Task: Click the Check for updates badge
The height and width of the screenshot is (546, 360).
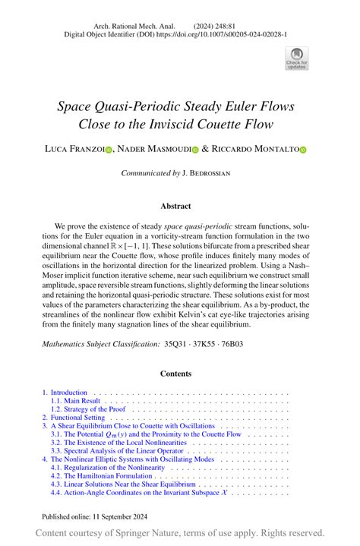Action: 296,58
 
